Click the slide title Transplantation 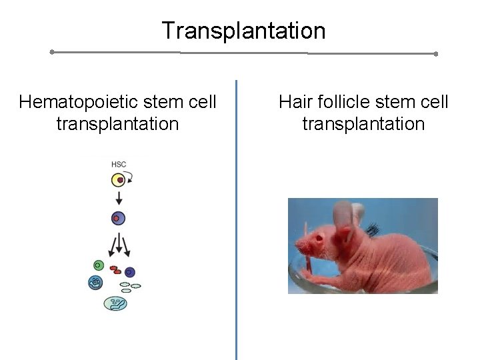coord(243,31)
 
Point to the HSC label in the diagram coord(117,163)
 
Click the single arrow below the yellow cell coord(118,199)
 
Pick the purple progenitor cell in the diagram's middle coord(118,218)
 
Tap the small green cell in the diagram coord(99,265)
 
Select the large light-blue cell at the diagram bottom coord(115,303)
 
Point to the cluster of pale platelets coord(131,287)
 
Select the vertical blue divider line coord(237,220)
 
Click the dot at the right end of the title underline coord(436,53)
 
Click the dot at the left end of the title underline coord(52,51)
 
